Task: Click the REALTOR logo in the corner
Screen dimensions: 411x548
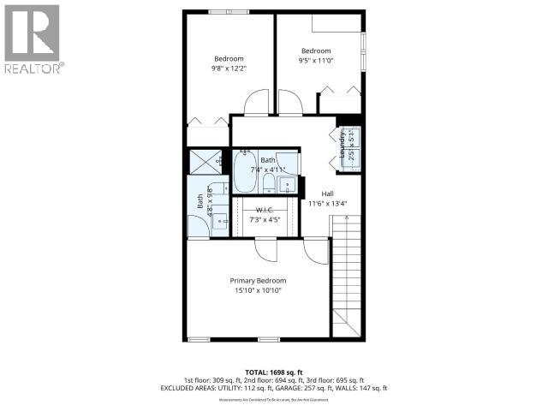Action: [33, 39]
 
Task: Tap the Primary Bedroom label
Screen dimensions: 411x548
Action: [258, 281]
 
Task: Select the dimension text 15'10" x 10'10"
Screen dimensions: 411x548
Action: [258, 291]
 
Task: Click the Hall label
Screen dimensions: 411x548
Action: [327, 194]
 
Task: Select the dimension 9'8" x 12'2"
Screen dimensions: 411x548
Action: [229, 68]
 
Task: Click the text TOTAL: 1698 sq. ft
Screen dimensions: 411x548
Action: [274, 372]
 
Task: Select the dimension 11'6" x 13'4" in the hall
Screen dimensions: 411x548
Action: [327, 204]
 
